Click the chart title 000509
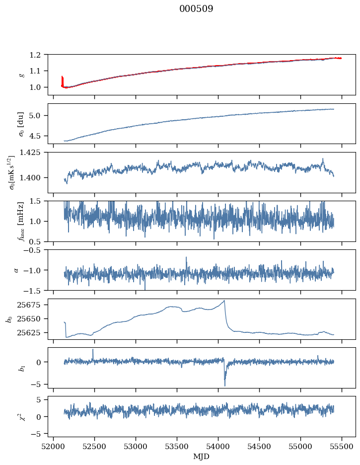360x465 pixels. (x=196, y=9)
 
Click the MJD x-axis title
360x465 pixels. (x=201, y=456)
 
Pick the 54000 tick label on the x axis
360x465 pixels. (x=218, y=446)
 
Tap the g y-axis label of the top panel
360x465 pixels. (x=21, y=75)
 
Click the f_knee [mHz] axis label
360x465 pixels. (x=21, y=221)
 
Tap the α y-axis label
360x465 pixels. (x=16, y=270)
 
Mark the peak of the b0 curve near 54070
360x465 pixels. (x=224, y=301)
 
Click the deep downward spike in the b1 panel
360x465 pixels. (x=224, y=385)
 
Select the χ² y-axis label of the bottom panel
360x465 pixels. (x=20, y=416)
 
